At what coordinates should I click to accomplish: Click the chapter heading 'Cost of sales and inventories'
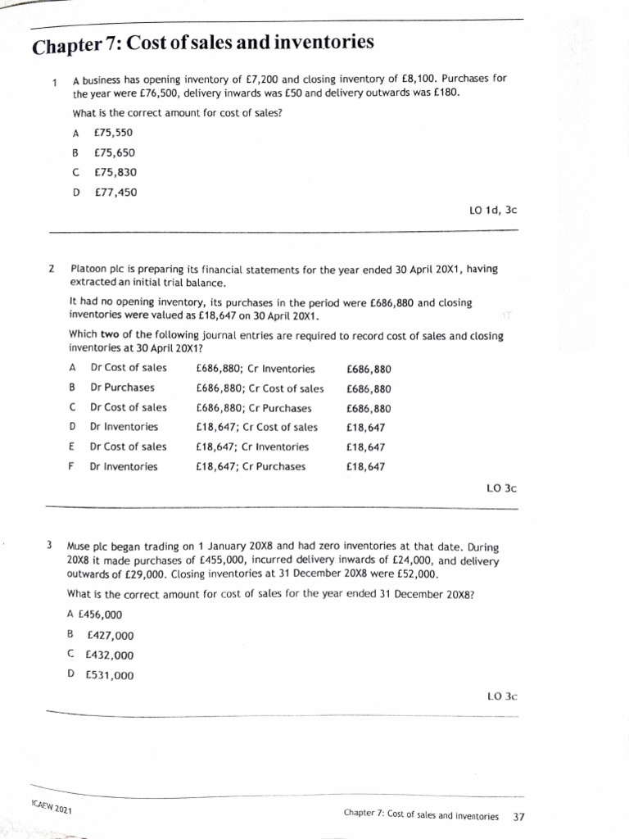(x=202, y=43)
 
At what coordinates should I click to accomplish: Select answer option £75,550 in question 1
(x=114, y=133)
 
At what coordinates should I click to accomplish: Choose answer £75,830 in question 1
(x=115, y=172)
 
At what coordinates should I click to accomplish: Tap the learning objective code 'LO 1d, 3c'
(x=493, y=210)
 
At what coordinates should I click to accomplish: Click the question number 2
(x=52, y=268)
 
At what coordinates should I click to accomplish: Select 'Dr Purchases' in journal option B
(x=122, y=388)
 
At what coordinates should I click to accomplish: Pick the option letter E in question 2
(x=72, y=447)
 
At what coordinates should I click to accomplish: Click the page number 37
(x=518, y=816)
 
